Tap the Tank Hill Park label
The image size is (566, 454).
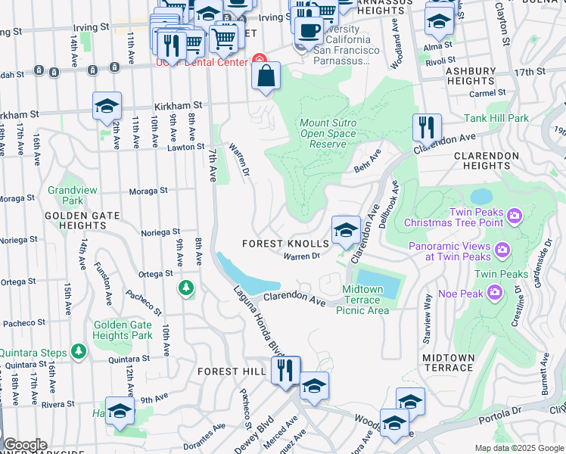pyautogui.click(x=496, y=118)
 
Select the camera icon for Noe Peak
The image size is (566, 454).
pyautogui.click(x=495, y=291)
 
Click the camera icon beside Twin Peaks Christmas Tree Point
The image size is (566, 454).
pyautogui.click(x=515, y=217)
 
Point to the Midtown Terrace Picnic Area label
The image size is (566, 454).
pyautogui.click(x=365, y=300)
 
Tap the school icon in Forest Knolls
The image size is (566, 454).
pyautogui.click(x=346, y=230)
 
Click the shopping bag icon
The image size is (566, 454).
pyautogui.click(x=266, y=76)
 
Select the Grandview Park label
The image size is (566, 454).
pyautogui.click(x=65, y=195)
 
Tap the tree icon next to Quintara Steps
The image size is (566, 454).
pyautogui.click(x=78, y=351)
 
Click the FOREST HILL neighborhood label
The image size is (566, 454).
pyautogui.click(x=232, y=372)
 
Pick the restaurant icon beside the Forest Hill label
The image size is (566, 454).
pyautogui.click(x=285, y=371)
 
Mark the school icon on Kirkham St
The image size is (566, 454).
pyautogui.click(x=107, y=106)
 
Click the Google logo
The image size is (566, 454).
pyautogui.click(x=25, y=445)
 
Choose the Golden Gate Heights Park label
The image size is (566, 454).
pyautogui.click(x=123, y=330)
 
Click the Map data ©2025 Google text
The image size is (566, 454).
pyautogui.click(x=518, y=448)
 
